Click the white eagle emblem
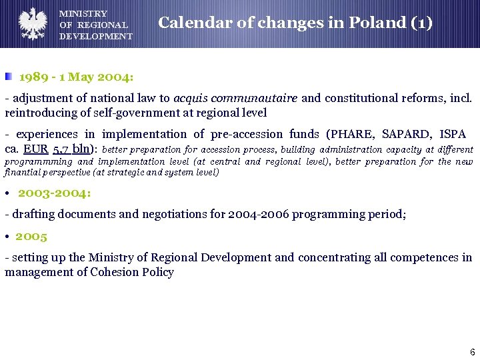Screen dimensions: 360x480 31,23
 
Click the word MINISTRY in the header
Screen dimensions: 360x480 83,13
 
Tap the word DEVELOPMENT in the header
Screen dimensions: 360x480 95,36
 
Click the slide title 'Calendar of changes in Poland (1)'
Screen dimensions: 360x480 295,23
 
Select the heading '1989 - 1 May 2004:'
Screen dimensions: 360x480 77,77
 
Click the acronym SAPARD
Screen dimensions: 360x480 406,134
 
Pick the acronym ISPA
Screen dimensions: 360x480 453,134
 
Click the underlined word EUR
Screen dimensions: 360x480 35,149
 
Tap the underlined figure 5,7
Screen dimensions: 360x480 62,149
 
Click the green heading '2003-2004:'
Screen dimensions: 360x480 55,193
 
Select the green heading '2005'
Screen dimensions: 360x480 31,236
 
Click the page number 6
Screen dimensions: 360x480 472,351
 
